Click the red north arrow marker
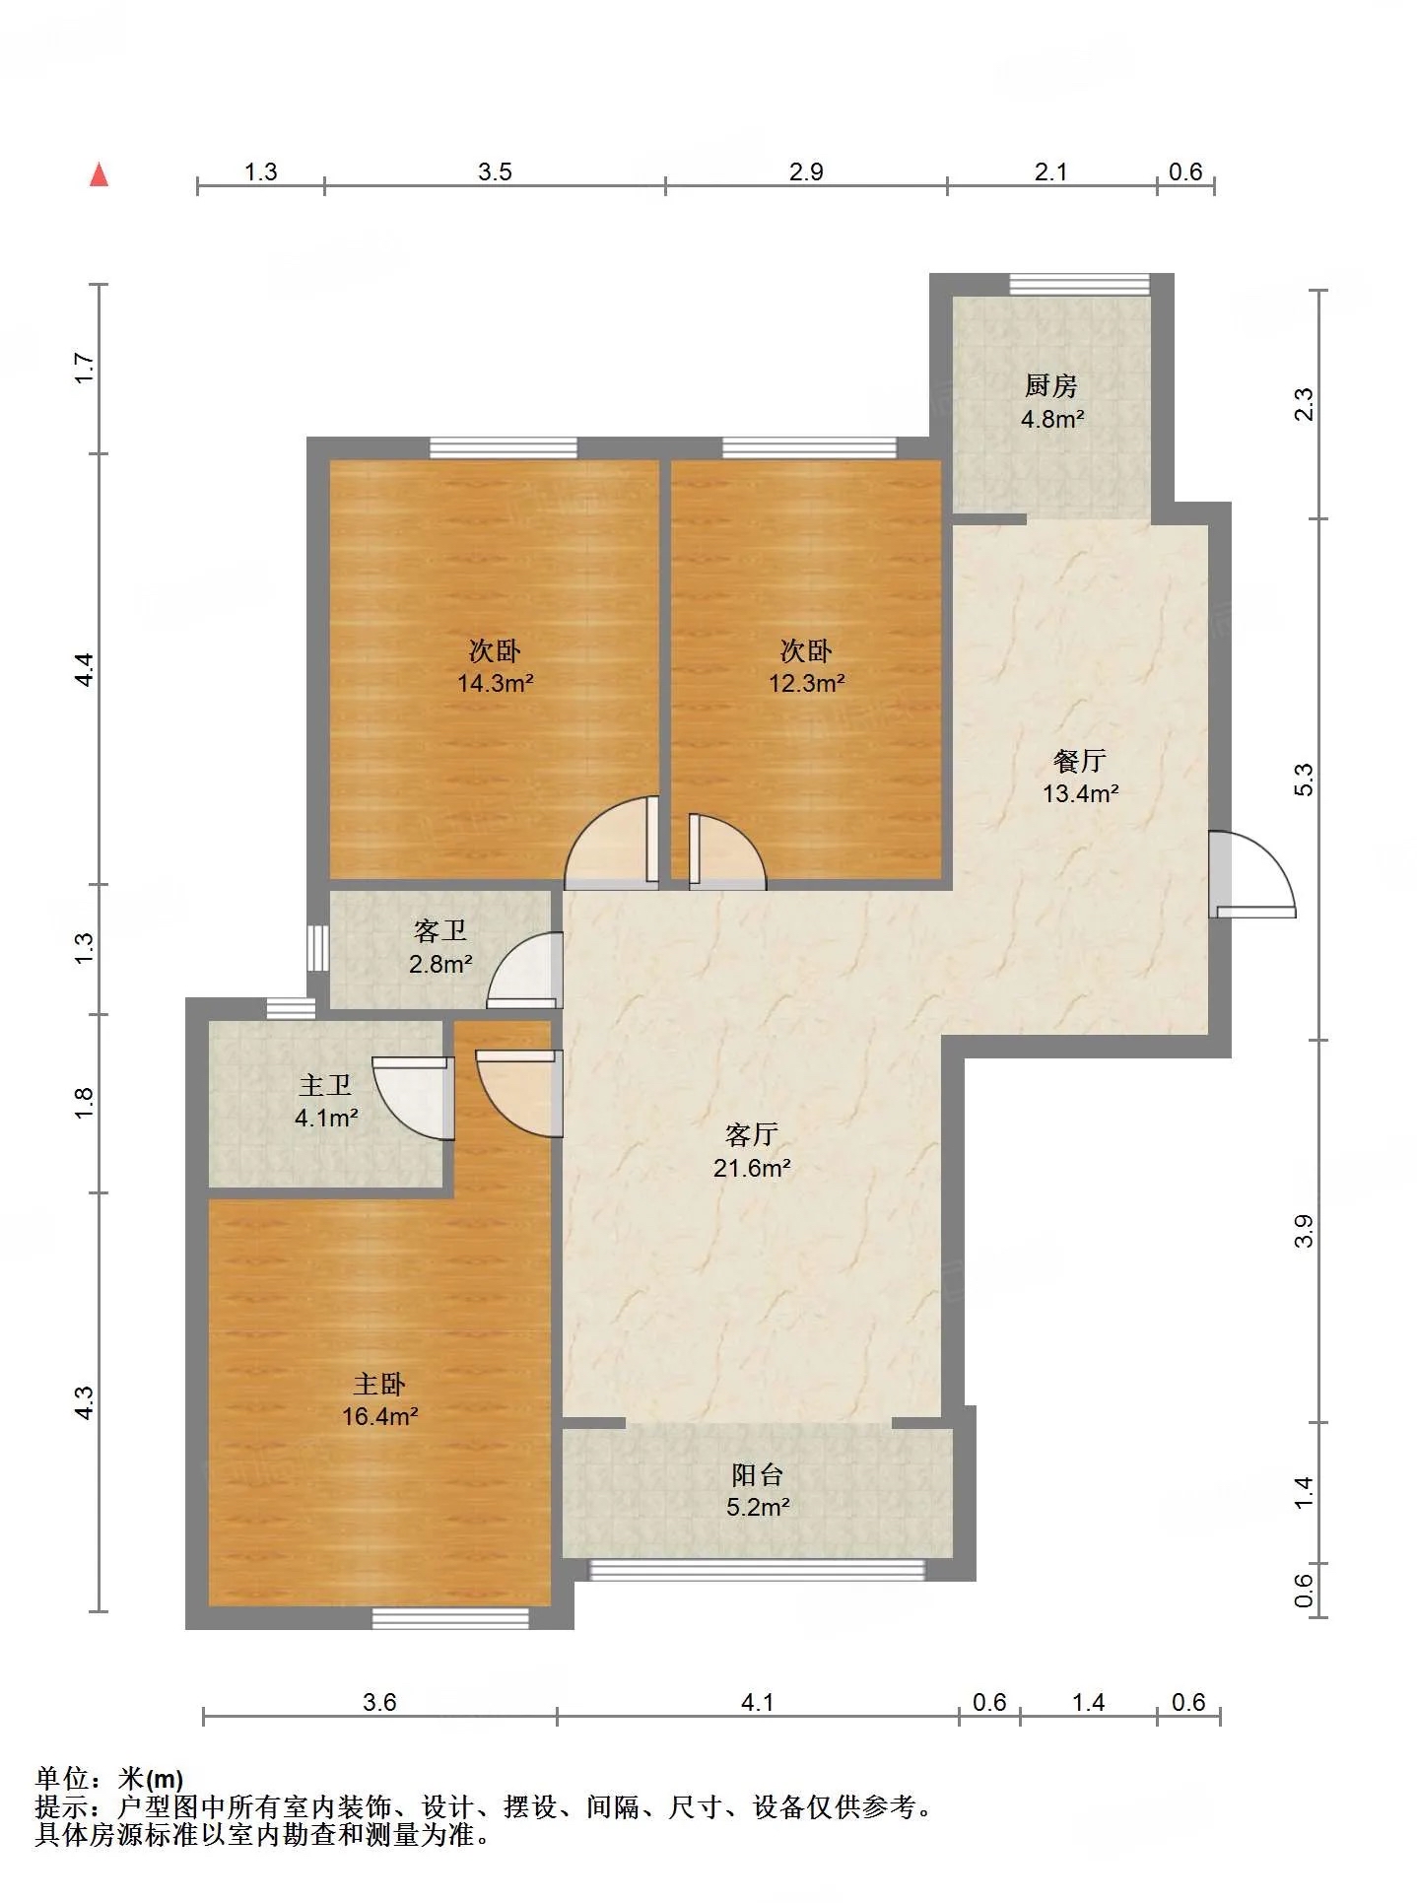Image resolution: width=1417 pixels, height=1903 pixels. [99, 175]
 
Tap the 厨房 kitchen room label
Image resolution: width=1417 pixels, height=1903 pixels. [1050, 385]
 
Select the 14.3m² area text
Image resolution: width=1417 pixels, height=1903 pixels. [495, 683]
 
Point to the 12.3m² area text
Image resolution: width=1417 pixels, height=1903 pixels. [806, 683]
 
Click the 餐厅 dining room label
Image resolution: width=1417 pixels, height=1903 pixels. [1079, 761]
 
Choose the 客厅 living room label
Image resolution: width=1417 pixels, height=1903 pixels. [752, 1135]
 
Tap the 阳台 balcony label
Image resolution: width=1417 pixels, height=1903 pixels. [758, 1475]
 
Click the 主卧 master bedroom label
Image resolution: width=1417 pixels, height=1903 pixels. [379, 1385]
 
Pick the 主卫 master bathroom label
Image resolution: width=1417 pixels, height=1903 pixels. [325, 1086]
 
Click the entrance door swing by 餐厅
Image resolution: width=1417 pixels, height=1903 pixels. [1251, 875]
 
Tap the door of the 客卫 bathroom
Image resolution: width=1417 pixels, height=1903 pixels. [524, 971]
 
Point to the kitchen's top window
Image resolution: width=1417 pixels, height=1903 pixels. [1080, 284]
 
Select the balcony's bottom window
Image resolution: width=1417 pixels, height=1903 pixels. [757, 1570]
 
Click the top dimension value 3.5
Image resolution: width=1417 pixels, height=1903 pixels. [495, 172]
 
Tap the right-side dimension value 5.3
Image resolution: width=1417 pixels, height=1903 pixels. [1304, 780]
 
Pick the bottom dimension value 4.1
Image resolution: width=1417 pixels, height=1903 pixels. [757, 1703]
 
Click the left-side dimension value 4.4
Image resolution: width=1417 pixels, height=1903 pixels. [85, 669]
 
